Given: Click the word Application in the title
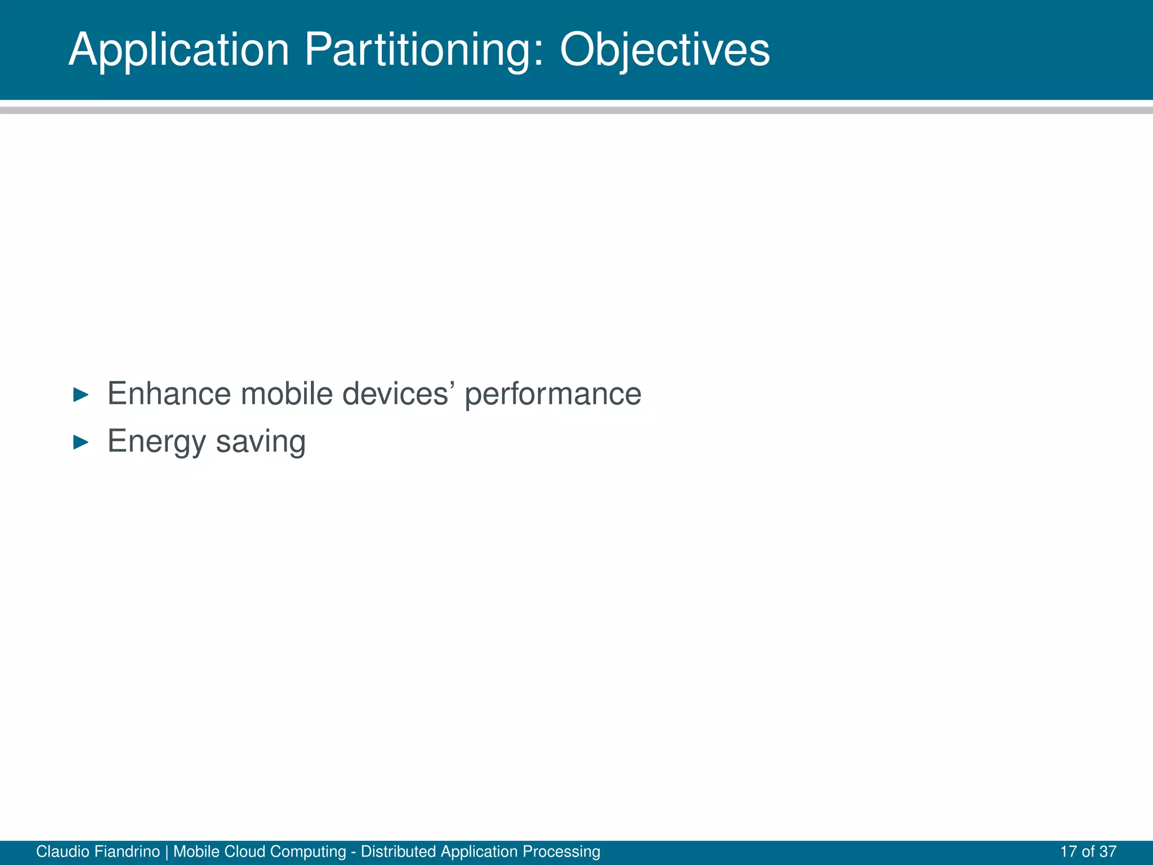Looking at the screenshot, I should (179, 51).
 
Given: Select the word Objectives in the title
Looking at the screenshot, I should (664, 51).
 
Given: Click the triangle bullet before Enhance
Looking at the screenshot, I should (81, 395).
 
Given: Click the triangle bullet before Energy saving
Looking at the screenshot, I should (81, 443).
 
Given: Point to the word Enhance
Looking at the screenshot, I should (169, 394).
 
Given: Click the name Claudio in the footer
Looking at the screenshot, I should (60, 851).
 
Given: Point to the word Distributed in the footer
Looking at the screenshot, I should (399, 851).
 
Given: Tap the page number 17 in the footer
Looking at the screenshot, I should (1068, 851).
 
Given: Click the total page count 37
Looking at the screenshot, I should (1107, 851).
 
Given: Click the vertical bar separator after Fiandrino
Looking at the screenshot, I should (167, 851).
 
